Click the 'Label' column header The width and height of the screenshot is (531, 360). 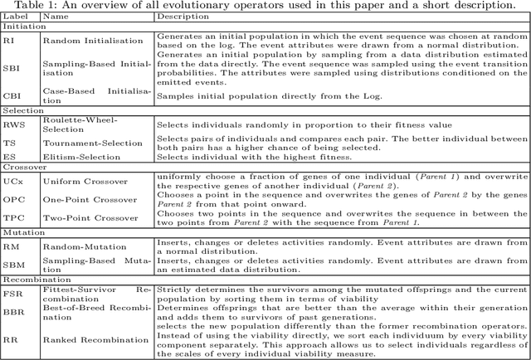point(14,16)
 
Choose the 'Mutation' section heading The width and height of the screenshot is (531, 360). point(22,233)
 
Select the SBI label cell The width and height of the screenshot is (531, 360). point(11,69)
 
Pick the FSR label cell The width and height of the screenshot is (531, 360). point(12,294)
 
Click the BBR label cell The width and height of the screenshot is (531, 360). point(12,313)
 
